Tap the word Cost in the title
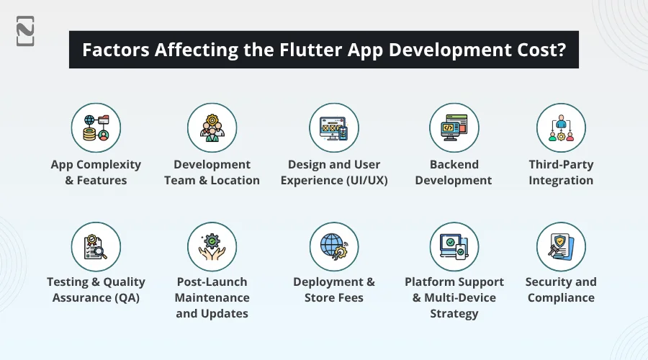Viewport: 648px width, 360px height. pos(536,50)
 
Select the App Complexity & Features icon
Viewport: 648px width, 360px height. pos(96,127)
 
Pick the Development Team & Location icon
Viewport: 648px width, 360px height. pos(212,127)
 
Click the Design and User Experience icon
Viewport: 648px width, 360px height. pos(334,127)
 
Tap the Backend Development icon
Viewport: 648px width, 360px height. pos(454,127)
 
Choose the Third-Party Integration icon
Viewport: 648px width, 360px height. pos(561,127)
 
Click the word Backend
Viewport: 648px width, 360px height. pos(454,164)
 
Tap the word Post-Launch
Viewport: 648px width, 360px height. pos(212,282)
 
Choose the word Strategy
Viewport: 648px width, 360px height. pos(454,313)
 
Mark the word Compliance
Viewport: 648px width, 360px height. pos(561,297)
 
